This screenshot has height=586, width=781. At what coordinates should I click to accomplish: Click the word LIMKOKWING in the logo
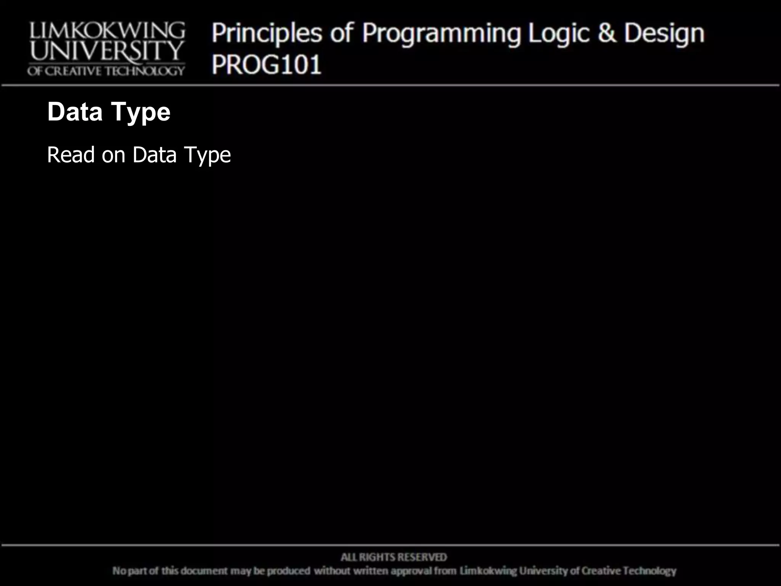pos(107,31)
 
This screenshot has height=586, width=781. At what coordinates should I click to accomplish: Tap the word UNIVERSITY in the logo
pos(107,51)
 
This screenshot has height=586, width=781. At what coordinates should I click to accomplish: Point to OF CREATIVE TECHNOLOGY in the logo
pos(106,71)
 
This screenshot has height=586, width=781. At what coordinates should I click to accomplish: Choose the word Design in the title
pos(664,34)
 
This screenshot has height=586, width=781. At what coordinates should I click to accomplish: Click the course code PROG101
pos(267,64)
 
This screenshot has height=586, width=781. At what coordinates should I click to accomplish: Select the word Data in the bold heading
pos(75,112)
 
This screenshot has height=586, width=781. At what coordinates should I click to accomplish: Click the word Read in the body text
pos(71,155)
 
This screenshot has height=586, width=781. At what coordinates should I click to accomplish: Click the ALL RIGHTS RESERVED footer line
pos(394,557)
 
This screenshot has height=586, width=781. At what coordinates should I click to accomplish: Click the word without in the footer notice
pos(332,571)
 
